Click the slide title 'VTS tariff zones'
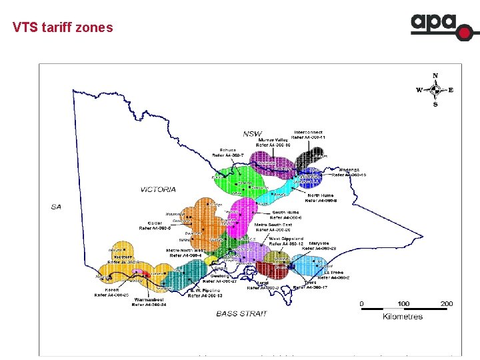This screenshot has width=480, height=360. pyautogui.click(x=63, y=28)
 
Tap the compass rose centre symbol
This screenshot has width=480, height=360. pyautogui.click(x=435, y=89)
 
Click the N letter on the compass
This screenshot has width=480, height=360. pyautogui.click(x=435, y=75)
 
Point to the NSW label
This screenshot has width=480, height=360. pyautogui.click(x=253, y=133)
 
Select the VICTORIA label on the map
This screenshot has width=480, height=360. pyautogui.click(x=158, y=189)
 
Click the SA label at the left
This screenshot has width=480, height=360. pyautogui.click(x=57, y=207)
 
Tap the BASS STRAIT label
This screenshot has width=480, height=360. pyautogui.click(x=241, y=313)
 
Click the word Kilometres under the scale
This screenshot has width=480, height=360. pyautogui.click(x=403, y=317)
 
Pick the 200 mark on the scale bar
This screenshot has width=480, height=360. pyautogui.click(x=446, y=304)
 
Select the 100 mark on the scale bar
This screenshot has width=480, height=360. pyautogui.click(x=403, y=304)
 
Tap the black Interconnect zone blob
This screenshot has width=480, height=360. pyautogui.click(x=311, y=159)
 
